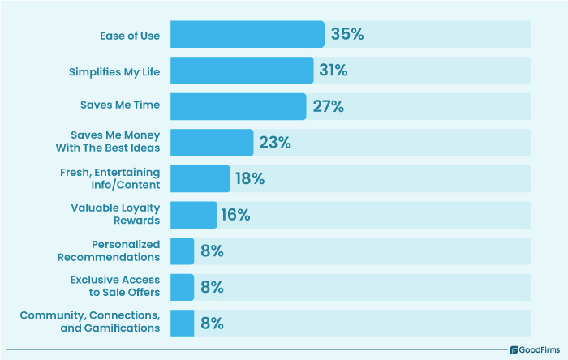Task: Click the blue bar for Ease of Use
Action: coord(247,35)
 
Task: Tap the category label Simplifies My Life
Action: coord(114,71)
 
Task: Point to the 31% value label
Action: coord(333,71)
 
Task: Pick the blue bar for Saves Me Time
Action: coord(239,106)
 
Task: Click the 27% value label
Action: coord(327,106)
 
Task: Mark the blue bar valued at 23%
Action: coord(212,143)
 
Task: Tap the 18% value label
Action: coord(250,178)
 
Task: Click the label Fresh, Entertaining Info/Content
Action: coord(110,178)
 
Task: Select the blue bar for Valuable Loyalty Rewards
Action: coord(194,215)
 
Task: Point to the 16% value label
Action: coord(236,215)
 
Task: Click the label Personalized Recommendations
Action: coord(109,251)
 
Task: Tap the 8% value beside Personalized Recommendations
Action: coord(213,251)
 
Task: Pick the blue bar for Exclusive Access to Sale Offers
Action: coord(183,287)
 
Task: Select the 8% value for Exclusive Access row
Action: coord(213,287)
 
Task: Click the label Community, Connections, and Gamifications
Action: coord(90,322)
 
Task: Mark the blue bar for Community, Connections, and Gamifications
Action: coord(183,323)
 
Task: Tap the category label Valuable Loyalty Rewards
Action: coord(115,214)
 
